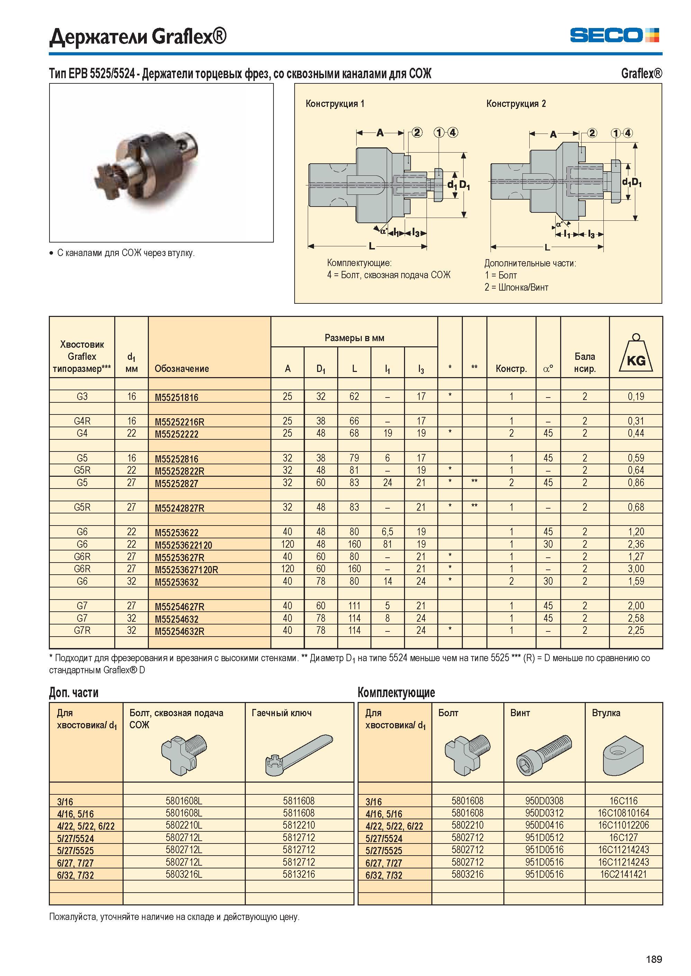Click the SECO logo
coord(614,35)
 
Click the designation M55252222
coord(177,434)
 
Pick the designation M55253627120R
coord(186,570)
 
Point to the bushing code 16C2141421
coord(623,874)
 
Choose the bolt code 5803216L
coord(184,874)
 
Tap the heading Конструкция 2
coord(516,104)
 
